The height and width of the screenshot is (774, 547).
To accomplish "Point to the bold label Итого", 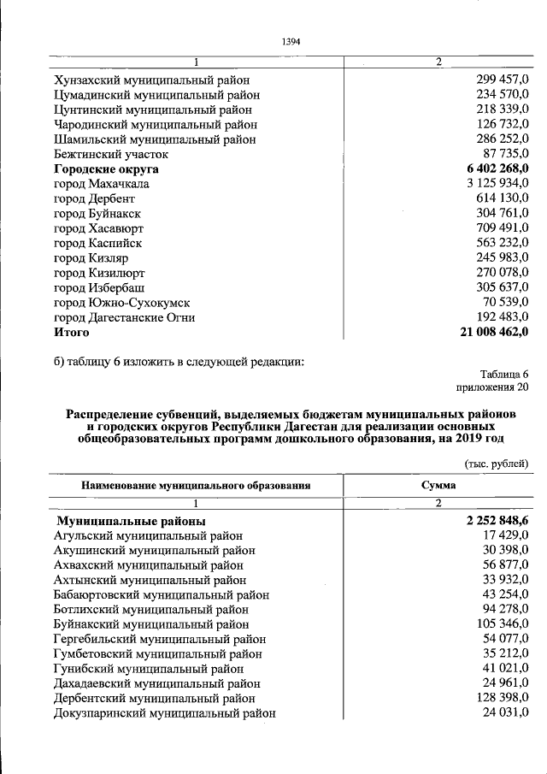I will pos(71,332).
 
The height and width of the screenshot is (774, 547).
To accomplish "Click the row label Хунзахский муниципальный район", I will pos(151,80).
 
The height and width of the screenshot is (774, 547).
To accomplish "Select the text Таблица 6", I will pos(504,374).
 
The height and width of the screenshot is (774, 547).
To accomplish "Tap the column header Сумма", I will pos(438,485).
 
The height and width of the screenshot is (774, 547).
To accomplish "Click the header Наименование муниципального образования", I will pos(195,486).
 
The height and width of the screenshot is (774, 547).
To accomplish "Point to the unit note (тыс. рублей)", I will pos(497,464).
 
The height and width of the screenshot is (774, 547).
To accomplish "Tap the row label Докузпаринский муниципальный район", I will pos(164,713).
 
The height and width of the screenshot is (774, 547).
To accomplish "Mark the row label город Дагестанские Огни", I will pos(124,317).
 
